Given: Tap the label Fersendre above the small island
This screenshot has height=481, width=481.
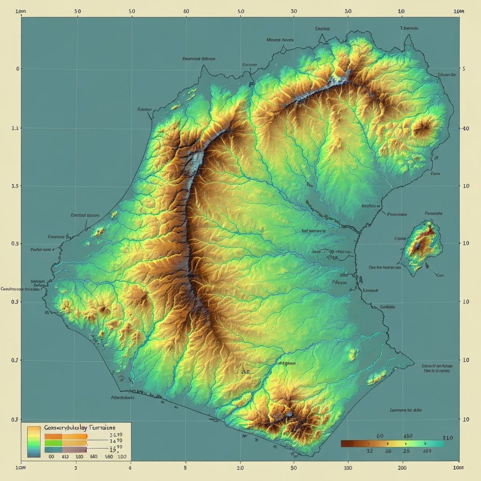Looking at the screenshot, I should pyautogui.click(x=433, y=213).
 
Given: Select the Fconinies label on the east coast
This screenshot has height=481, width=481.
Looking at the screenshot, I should pyautogui.click(x=396, y=214).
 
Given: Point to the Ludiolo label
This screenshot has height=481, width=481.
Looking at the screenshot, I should pyautogui.click(x=387, y=306).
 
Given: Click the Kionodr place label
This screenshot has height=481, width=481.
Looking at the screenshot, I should pyautogui.click(x=371, y=290).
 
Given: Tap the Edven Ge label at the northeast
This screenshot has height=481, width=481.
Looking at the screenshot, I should pyautogui.click(x=446, y=74).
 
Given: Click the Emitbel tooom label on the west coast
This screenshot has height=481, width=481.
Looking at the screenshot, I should pyautogui.click(x=85, y=215).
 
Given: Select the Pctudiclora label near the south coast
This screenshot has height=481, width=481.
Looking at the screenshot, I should pyautogui.click(x=123, y=397).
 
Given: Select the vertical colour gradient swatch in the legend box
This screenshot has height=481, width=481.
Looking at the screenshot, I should pyautogui.click(x=34, y=442).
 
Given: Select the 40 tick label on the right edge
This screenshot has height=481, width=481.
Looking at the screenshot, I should pyautogui.click(x=466, y=128).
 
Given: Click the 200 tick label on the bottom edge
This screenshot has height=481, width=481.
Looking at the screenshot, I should pyautogui.click(x=402, y=468).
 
